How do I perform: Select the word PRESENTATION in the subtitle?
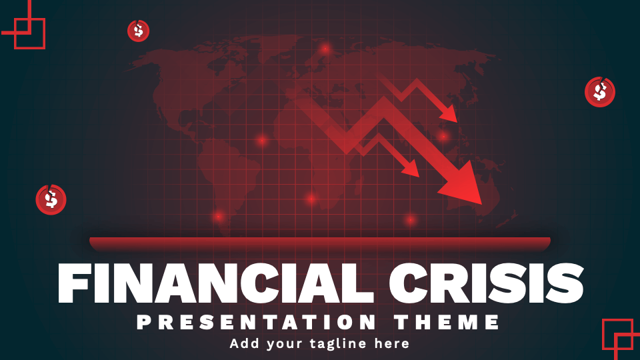coord(257,323)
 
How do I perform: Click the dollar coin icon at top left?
coord(138,30)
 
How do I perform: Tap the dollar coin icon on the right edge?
coord(600,92)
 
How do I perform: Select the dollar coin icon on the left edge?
coord(51,199)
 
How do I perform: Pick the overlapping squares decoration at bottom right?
coord(619,335)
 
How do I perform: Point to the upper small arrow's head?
coord(451,115)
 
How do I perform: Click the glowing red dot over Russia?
coord(325,49)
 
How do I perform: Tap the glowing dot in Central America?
coord(262,140)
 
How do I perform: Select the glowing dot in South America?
coord(219,216)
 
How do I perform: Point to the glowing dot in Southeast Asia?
coord(443,137)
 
